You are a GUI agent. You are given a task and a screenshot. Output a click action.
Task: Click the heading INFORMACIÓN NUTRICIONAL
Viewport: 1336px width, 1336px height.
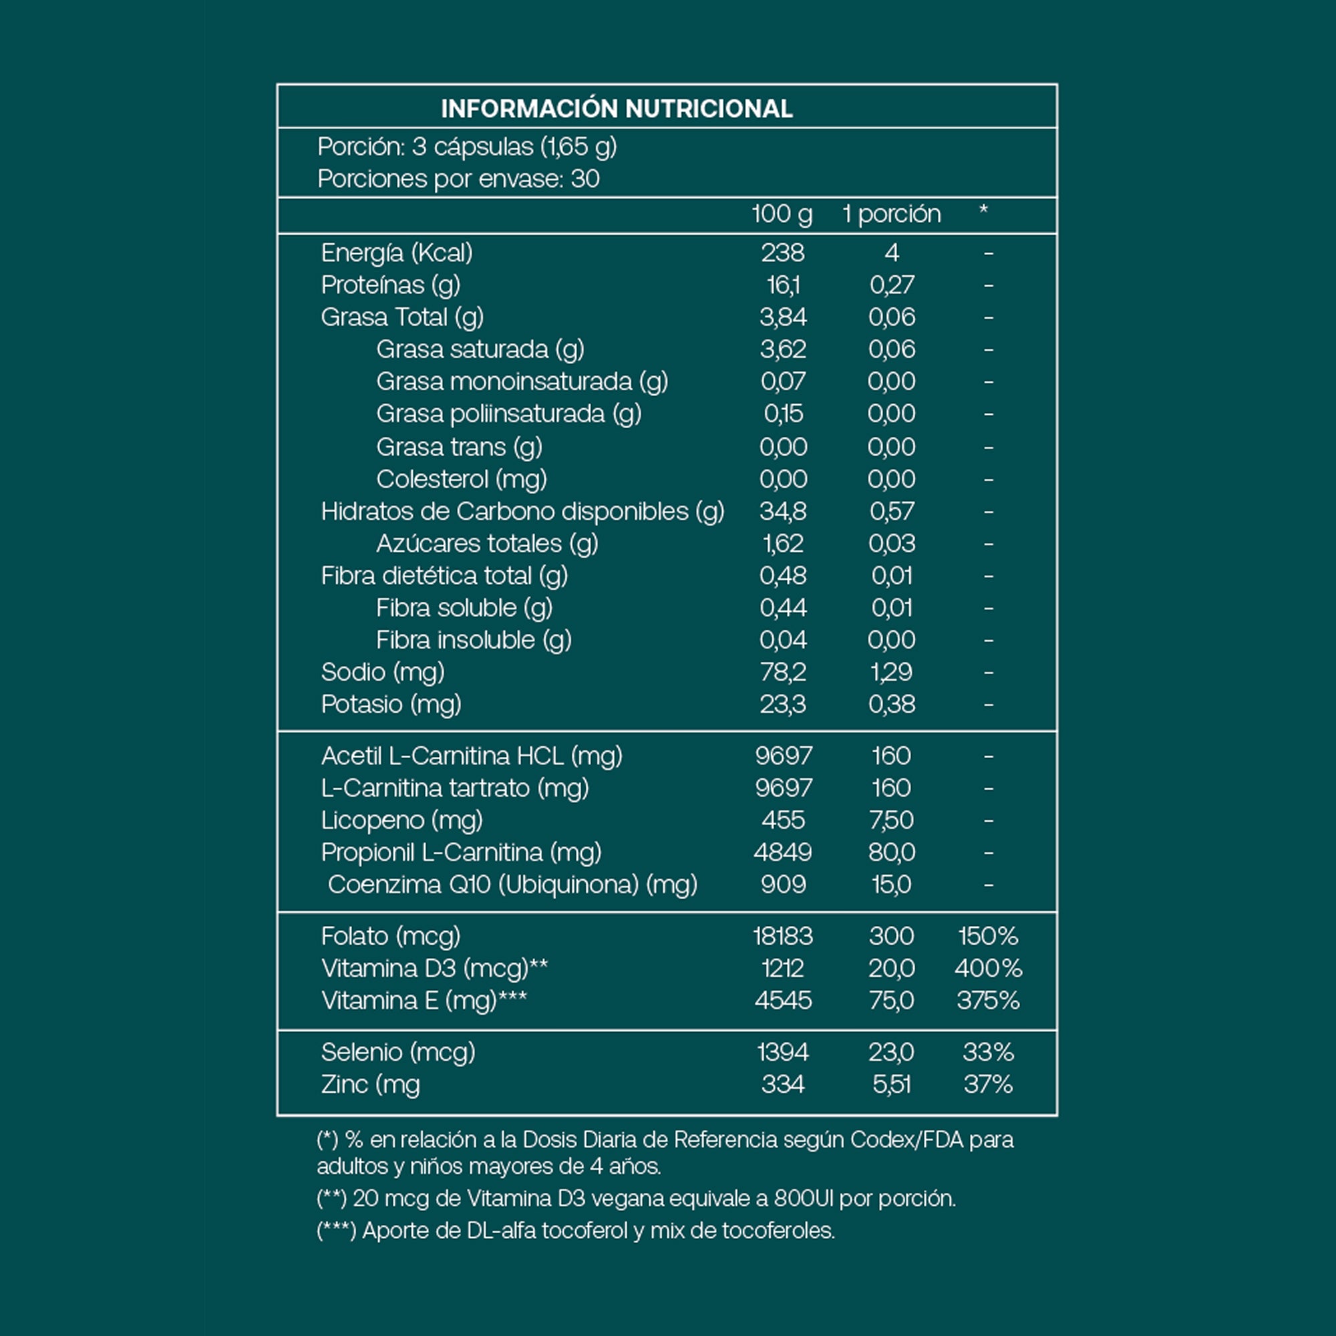pyautogui.click(x=616, y=109)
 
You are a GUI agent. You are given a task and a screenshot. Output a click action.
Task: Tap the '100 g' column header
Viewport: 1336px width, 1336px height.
pyautogui.click(x=782, y=214)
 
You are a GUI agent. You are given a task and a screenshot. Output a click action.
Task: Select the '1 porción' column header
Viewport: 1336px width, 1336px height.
pyautogui.click(x=891, y=214)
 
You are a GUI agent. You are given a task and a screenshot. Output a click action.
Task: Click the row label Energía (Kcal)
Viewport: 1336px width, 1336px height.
pyautogui.click(x=397, y=253)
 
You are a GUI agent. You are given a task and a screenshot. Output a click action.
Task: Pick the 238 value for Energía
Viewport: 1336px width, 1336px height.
pyautogui.click(x=782, y=253)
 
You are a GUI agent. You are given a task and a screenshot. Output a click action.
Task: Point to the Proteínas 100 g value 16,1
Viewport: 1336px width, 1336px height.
pyautogui.click(x=782, y=285)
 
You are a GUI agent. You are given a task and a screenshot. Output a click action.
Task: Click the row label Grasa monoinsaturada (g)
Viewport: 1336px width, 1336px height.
pyautogui.click(x=522, y=381)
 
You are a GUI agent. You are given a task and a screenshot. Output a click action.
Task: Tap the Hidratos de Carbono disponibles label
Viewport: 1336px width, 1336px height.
pyautogui.click(x=522, y=512)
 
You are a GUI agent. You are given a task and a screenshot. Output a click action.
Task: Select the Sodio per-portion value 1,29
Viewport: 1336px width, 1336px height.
pyautogui.click(x=891, y=672)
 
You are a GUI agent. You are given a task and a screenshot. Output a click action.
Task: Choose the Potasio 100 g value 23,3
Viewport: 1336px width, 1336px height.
pyautogui.click(x=782, y=705)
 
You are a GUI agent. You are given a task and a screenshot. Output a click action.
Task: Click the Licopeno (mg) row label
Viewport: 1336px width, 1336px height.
pyautogui.click(x=401, y=821)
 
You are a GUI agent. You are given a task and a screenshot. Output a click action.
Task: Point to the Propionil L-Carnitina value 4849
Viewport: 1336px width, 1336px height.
pyautogui.click(x=782, y=852)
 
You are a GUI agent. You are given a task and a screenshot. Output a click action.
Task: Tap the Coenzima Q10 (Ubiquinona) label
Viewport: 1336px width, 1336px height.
pyautogui.click(x=512, y=885)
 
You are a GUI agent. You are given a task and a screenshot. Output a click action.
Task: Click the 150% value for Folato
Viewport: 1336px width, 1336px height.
pyautogui.click(x=987, y=937)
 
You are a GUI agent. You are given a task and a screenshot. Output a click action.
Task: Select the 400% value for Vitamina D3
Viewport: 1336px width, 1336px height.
pyautogui.click(x=987, y=969)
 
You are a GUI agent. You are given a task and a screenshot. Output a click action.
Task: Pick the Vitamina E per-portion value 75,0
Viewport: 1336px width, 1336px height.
pyautogui.click(x=891, y=1001)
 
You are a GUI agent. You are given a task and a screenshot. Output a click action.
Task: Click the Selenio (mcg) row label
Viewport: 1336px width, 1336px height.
pyautogui.click(x=398, y=1053)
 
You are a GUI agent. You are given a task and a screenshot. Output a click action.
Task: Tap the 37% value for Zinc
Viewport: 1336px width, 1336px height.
pyautogui.click(x=987, y=1084)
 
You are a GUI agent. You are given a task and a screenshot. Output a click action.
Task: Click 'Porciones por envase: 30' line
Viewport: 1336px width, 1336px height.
pyautogui.click(x=458, y=179)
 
